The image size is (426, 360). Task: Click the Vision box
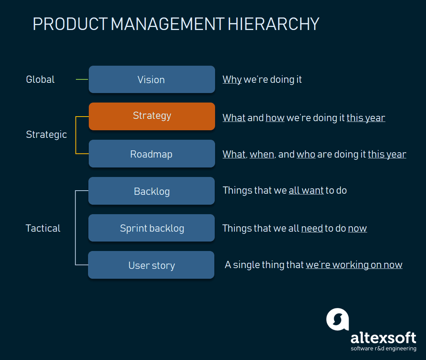(x=152, y=79)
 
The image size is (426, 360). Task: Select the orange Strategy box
(x=152, y=116)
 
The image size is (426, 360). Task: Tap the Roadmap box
(x=152, y=154)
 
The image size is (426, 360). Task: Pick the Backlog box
(x=152, y=191)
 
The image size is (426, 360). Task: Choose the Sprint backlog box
(x=152, y=228)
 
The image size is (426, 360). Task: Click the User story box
(x=151, y=265)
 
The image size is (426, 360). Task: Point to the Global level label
(x=40, y=79)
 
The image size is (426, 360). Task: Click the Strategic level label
(x=46, y=134)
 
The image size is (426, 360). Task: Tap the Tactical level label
(x=43, y=228)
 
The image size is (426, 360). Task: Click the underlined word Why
(x=232, y=80)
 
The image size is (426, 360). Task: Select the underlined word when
(x=262, y=154)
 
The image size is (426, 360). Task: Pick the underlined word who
(x=306, y=154)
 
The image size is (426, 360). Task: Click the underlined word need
(x=312, y=228)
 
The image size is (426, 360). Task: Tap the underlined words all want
(x=306, y=190)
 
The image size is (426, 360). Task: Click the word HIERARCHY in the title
(x=273, y=24)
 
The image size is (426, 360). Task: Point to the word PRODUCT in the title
(x=70, y=24)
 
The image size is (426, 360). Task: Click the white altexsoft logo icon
(x=338, y=319)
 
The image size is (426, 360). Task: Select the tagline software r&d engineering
(x=384, y=349)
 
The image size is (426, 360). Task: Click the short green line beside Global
(x=82, y=79)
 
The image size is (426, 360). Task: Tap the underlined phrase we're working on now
(x=354, y=265)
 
